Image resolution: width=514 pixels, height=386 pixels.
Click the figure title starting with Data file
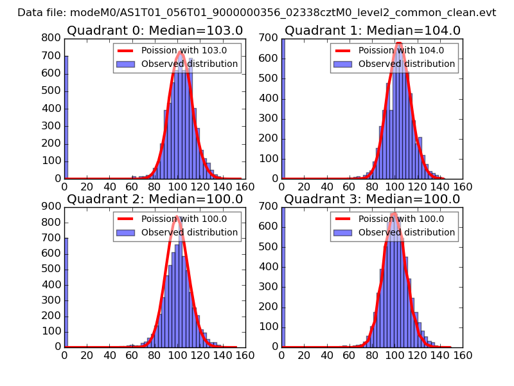256,12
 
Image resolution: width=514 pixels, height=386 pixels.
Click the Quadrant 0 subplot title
154,31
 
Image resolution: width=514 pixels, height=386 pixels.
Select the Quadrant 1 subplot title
372,31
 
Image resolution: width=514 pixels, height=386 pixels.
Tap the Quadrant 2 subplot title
154,199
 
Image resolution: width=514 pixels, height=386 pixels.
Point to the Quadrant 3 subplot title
372,199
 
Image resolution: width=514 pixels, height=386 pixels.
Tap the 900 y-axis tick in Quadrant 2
52,207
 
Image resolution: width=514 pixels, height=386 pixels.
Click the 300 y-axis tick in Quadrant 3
269,287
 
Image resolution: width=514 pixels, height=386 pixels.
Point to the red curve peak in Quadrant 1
399,44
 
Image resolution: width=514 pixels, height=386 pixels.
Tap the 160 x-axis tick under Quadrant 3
463,354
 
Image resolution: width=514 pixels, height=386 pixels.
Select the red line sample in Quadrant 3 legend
344,219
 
